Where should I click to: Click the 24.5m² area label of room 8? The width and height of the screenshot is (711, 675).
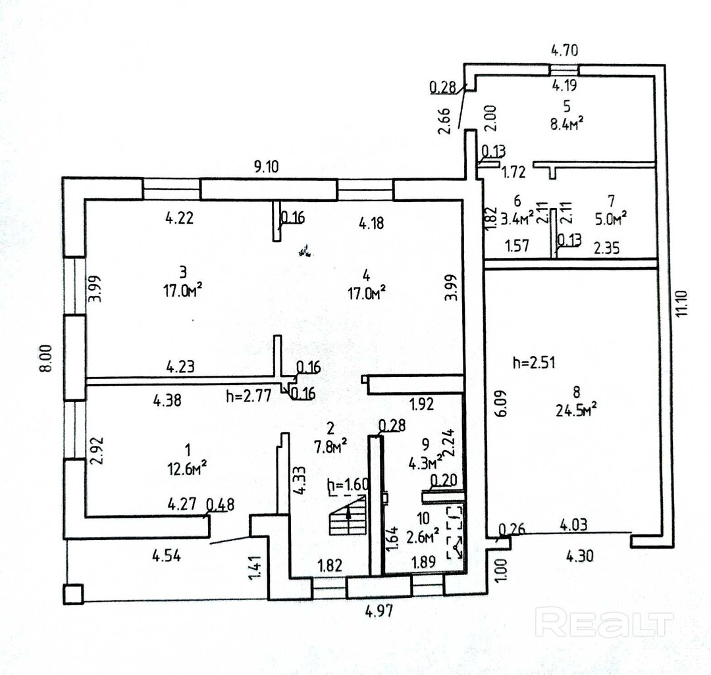(x=576, y=410)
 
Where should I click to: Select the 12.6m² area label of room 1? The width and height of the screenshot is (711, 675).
(x=188, y=466)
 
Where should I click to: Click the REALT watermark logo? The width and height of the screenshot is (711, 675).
(x=606, y=622)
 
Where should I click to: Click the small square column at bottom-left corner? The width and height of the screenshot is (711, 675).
(x=73, y=593)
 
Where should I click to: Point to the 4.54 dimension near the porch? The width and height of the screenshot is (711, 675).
(x=167, y=555)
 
